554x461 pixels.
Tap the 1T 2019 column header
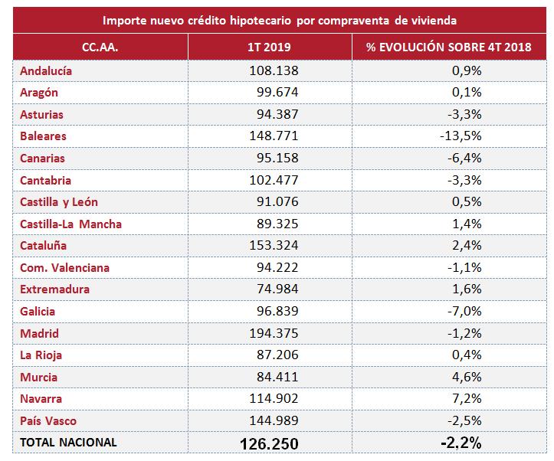270,47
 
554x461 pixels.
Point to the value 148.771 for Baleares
271,136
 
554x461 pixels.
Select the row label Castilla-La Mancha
70,224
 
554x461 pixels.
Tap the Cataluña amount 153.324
271,246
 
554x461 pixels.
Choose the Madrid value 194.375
271,333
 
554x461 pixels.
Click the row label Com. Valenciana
64,267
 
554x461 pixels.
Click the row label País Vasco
48,420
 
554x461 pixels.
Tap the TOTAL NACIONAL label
68,443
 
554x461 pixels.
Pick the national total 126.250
268,443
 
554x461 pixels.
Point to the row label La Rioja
41,355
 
